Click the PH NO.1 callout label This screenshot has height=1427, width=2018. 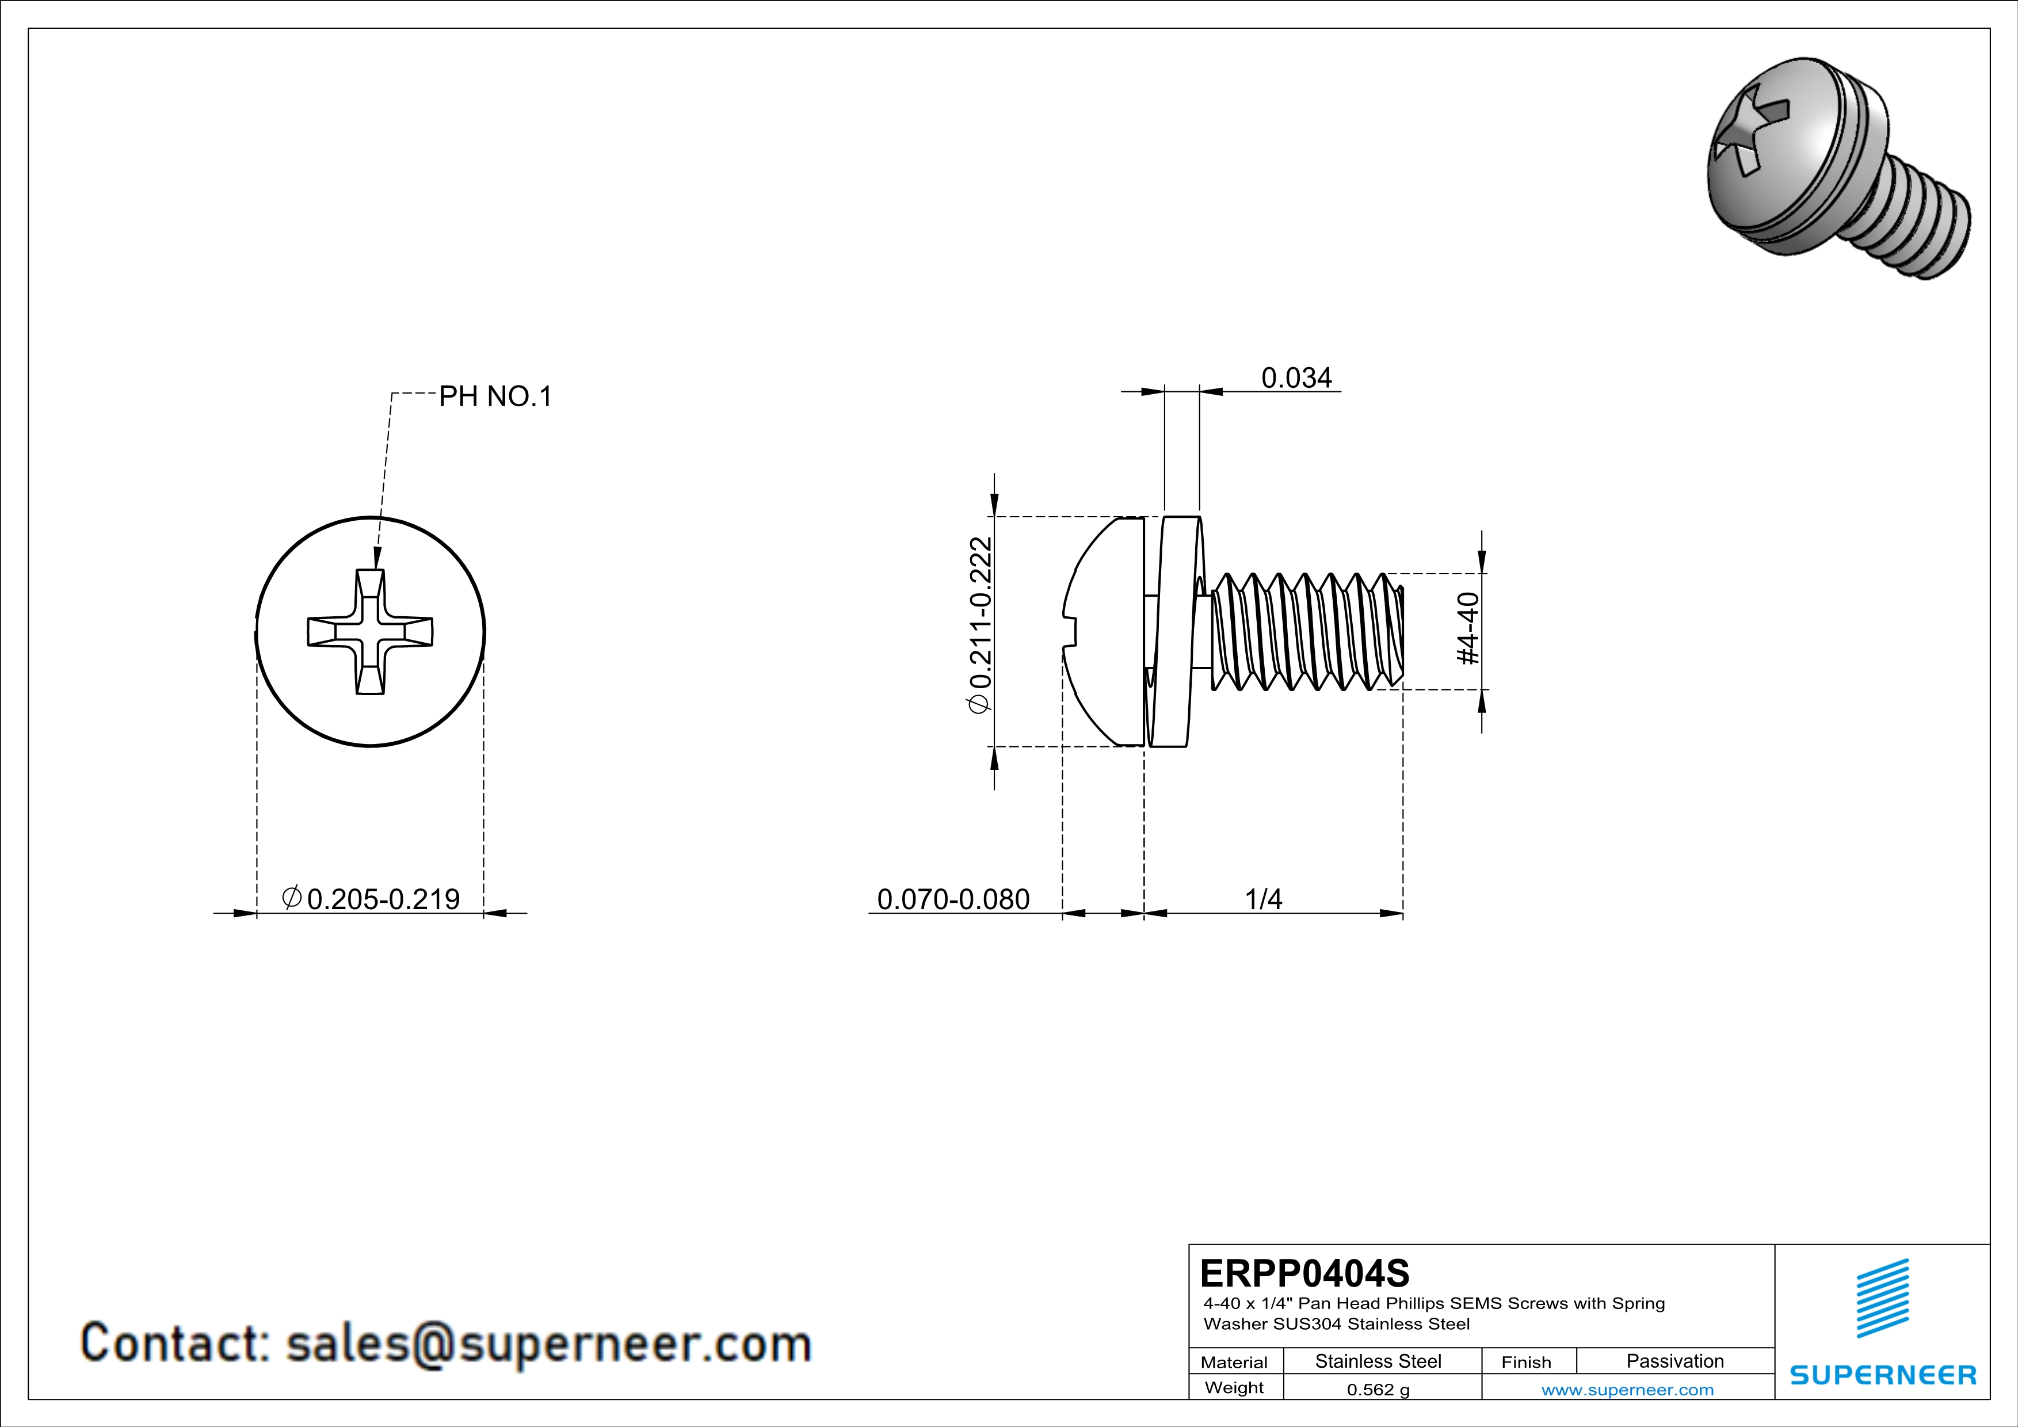(495, 396)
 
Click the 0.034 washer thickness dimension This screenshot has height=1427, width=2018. (1296, 378)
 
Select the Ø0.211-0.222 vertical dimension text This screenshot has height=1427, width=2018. (979, 625)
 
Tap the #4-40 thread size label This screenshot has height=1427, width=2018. (1468, 628)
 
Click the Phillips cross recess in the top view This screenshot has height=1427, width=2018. (370, 632)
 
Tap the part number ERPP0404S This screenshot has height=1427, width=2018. (1304, 1273)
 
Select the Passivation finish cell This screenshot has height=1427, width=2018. (1674, 1361)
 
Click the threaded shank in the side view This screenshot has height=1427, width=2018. (1305, 632)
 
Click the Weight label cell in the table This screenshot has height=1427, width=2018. (1234, 1387)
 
